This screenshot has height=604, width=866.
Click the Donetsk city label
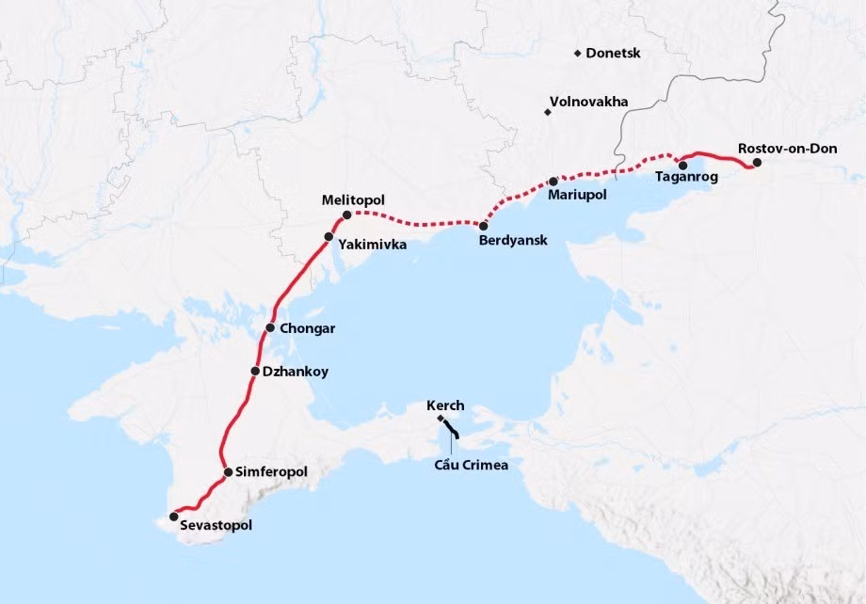click(613, 54)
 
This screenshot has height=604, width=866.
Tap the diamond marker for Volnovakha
click(547, 113)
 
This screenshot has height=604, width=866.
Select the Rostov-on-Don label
click(781, 149)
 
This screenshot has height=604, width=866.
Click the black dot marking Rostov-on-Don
click(757, 163)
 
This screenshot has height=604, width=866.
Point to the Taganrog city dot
click(682, 166)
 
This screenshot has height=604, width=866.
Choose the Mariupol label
click(576, 195)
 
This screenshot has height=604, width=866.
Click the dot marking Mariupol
click(553, 181)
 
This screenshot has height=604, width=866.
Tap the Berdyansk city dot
click(483, 226)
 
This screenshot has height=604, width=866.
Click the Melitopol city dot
click(346, 215)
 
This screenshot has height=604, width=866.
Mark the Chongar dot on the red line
click(270, 328)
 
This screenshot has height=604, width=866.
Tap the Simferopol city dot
click(228, 471)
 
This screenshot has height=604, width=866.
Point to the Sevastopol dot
click(173, 517)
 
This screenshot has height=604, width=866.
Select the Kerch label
click(445, 405)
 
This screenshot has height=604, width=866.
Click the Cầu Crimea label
click(465, 465)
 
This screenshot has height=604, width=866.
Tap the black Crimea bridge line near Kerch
click(451, 431)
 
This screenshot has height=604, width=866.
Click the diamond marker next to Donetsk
click(577, 54)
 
